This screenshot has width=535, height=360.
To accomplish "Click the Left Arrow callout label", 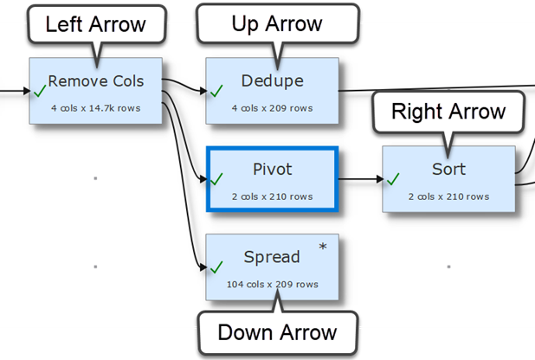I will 95,24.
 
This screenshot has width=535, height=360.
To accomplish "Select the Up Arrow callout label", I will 277,24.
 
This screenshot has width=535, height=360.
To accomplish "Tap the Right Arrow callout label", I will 448,111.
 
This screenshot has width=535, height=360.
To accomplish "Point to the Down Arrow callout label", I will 277,333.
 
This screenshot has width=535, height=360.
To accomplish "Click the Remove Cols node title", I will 95,81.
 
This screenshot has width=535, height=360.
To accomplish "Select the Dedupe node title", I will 273,81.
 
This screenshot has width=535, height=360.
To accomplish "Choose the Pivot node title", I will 272,169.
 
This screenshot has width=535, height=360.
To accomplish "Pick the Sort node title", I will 448,169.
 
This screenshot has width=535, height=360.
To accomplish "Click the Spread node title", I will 272,257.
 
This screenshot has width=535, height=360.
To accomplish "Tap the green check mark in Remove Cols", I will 39,89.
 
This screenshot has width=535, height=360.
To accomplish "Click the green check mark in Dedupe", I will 216,89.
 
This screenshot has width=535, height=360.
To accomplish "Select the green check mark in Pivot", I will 216,178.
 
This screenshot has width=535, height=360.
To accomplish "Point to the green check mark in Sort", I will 393,178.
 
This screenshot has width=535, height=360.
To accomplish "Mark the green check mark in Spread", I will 216,267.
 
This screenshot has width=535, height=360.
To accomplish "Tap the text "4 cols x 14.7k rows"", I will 95,108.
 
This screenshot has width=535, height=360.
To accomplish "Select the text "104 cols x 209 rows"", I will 272,285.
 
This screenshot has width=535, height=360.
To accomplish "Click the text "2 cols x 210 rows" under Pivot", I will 272,196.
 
